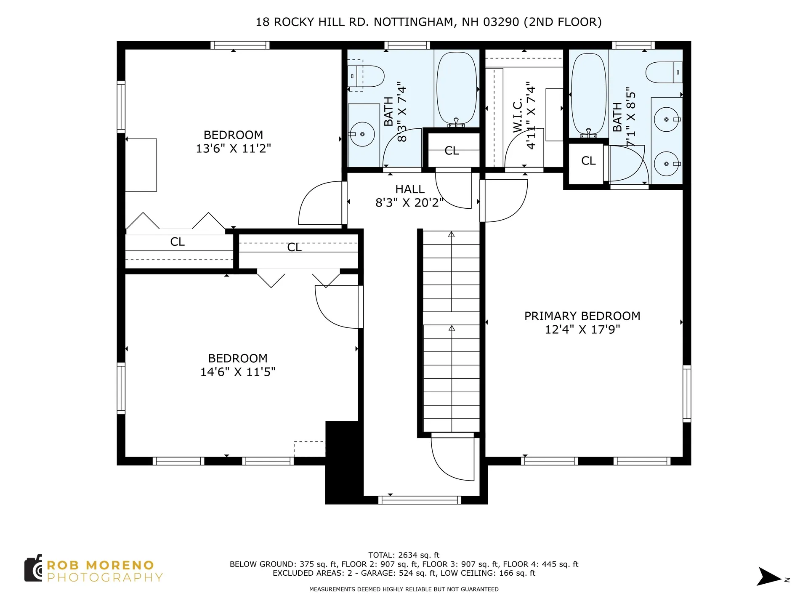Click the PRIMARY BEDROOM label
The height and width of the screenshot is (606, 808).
click(x=582, y=316)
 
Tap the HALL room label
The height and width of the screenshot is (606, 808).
click(x=410, y=189)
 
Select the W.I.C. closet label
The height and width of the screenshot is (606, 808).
click(x=518, y=116)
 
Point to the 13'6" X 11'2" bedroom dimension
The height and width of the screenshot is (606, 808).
click(x=234, y=149)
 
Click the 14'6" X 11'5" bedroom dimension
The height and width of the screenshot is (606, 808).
click(x=238, y=372)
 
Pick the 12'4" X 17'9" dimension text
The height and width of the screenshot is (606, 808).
click(x=582, y=330)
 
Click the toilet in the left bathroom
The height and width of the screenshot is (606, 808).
click(x=366, y=76)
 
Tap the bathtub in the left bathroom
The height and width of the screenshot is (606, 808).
click(x=457, y=88)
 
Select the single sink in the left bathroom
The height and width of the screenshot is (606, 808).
click(x=362, y=134)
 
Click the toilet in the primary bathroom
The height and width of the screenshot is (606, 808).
click(x=664, y=72)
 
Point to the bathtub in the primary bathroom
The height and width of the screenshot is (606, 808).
click(x=589, y=94)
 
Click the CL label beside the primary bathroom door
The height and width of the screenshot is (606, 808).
click(x=588, y=161)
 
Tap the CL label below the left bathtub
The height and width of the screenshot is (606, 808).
click(x=452, y=151)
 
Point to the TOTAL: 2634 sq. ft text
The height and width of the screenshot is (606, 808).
click(x=404, y=555)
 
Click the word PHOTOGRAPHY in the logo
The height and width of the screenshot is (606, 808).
click(x=105, y=577)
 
